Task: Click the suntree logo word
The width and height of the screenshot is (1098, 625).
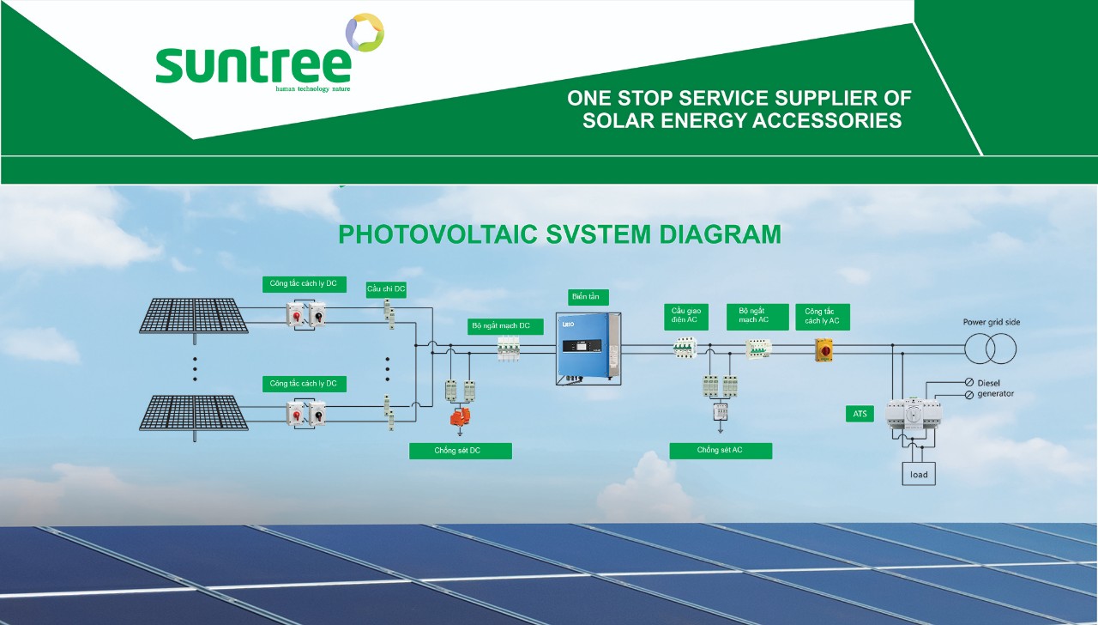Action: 253,65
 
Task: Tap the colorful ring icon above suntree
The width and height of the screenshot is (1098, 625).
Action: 365,33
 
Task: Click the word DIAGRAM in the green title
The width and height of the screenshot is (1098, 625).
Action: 720,234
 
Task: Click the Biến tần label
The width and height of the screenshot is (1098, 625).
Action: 588,297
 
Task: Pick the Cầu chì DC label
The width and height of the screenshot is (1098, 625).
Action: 386,289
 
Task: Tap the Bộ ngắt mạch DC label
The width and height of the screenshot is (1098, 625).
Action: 505,326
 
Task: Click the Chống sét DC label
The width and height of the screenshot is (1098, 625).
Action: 461,451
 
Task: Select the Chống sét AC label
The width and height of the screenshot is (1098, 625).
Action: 721,451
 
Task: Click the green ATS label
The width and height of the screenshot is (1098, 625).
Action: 860,414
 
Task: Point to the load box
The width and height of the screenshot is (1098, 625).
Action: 919,474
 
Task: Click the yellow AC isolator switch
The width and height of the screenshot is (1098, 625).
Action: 823,349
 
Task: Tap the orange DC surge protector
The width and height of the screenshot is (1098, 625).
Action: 460,416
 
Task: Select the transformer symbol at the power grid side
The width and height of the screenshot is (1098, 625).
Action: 990,349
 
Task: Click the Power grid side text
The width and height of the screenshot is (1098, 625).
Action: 991,322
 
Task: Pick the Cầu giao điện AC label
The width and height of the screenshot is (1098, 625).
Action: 686,317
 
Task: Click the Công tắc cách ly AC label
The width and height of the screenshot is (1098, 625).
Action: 823,317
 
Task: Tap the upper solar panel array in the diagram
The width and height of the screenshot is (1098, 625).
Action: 194,317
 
